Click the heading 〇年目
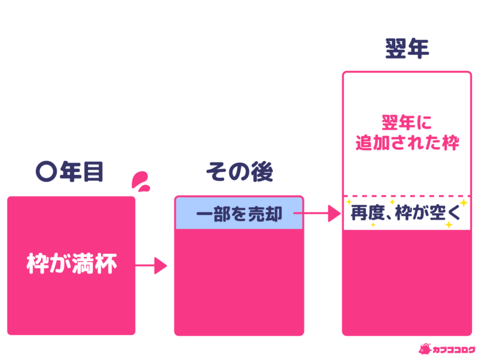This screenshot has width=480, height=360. [69, 172]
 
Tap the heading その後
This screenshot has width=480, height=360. [240, 173]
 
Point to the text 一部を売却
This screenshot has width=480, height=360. [239, 214]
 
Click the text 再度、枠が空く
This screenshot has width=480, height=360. [406, 215]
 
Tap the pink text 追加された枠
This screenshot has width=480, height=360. [407, 142]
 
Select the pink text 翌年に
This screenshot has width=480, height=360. [406, 123]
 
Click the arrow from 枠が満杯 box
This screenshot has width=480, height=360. [152, 266]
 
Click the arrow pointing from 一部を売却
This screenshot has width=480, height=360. [319, 214]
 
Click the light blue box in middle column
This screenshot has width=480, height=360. [239, 214]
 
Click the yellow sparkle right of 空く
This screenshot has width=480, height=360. [464, 203]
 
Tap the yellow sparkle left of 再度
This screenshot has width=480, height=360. [349, 202]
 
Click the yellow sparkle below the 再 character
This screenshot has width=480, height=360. [373, 225]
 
